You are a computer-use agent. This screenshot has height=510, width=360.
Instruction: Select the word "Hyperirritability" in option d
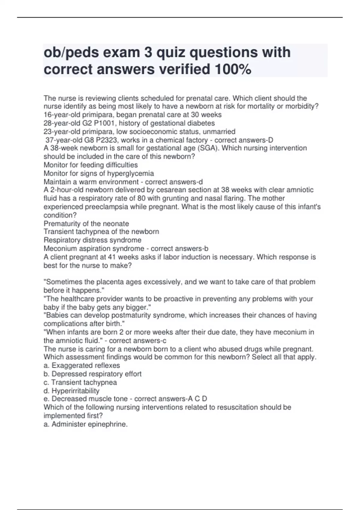click(75, 391)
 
